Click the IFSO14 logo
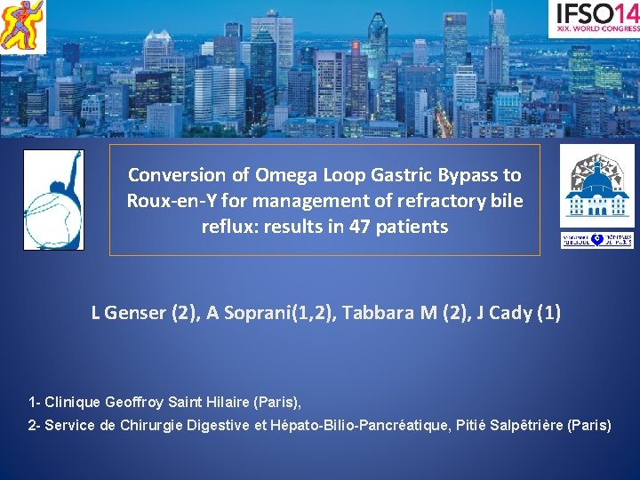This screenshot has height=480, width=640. [x=594, y=18]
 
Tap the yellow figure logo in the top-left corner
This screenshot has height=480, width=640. [x=22, y=26]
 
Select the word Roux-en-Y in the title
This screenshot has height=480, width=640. [x=168, y=201]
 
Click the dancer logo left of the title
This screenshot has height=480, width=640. [x=53, y=200]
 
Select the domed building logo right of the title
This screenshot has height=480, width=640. [x=596, y=186]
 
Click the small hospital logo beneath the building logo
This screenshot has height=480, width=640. [x=596, y=240]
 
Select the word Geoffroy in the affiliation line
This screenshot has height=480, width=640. [x=135, y=401]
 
